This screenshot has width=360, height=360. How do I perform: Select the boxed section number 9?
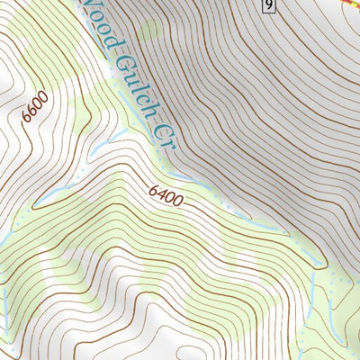pos(268,7)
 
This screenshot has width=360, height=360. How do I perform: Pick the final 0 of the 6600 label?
pos(42,96)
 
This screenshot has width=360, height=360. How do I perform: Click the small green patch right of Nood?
pos(148,31)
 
